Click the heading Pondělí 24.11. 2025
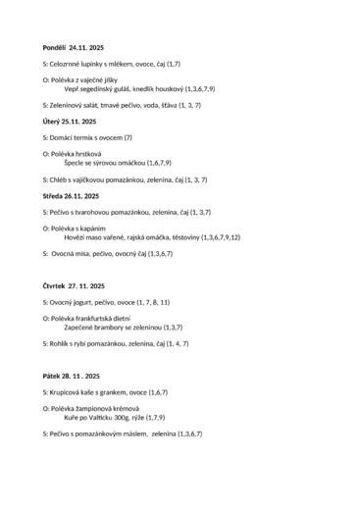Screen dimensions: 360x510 click(73, 47)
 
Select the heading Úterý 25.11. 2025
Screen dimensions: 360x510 click(70, 122)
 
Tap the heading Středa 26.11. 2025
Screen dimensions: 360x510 click(72, 195)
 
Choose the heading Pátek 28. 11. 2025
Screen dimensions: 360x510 click(72, 376)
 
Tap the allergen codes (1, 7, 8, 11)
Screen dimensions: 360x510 click(152, 302)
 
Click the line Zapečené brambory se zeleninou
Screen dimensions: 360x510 click(113, 327)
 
